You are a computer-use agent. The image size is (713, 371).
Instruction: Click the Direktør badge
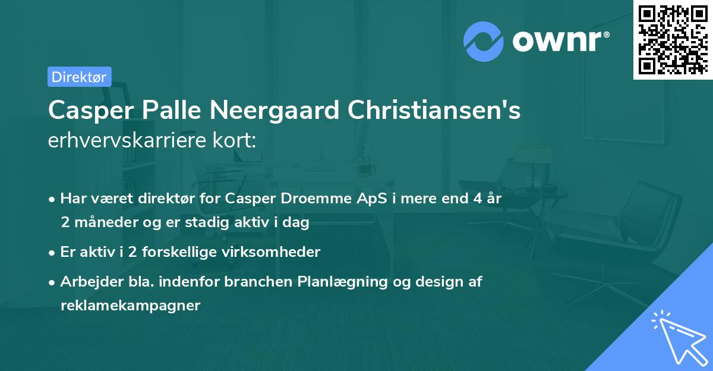click(79, 76)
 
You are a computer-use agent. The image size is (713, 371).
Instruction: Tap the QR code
click(673, 39)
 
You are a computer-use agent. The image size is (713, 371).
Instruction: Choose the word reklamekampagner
click(131, 306)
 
